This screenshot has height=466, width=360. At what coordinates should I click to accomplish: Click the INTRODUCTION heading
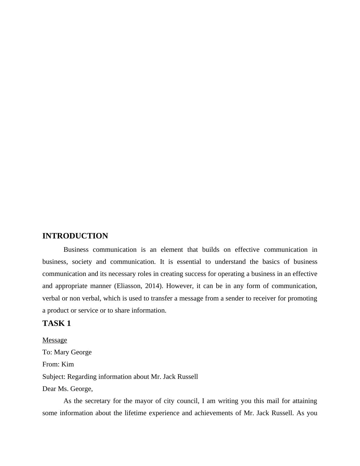[75, 236]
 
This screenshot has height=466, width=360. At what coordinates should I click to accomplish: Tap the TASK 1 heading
[57, 323]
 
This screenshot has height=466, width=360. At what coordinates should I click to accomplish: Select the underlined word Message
[55, 340]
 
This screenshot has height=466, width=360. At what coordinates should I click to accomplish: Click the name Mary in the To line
[61, 352]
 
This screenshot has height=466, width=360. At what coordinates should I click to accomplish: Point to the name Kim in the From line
[67, 364]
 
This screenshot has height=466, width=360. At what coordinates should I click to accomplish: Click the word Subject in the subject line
[53, 377]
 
